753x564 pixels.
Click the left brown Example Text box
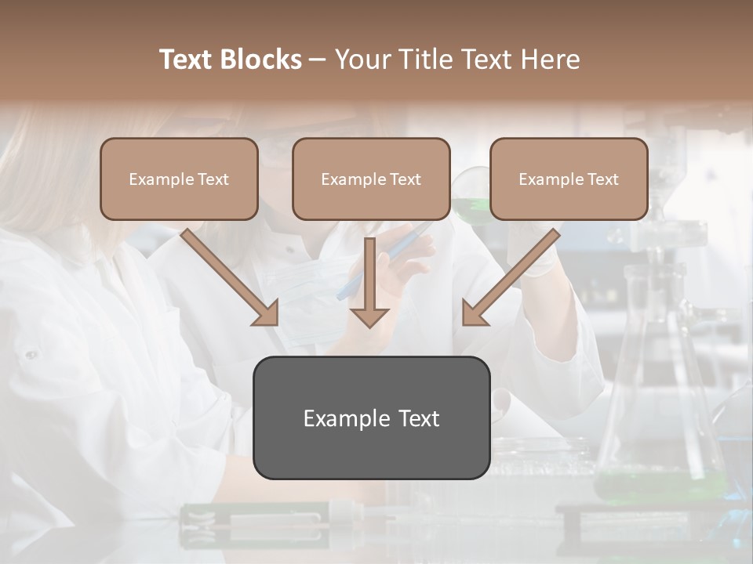pyautogui.click(x=179, y=179)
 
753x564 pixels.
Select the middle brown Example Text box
pyautogui.click(x=371, y=179)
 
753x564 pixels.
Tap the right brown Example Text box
pyautogui.click(x=569, y=179)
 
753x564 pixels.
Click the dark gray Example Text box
pyautogui.click(x=371, y=418)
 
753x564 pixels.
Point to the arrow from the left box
pyautogui.click(x=227, y=276)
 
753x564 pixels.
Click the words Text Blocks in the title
pyautogui.click(x=230, y=60)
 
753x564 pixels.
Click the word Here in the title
pyautogui.click(x=551, y=60)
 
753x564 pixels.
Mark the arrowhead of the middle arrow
pyautogui.click(x=369, y=316)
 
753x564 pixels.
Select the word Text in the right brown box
pyautogui.click(x=603, y=179)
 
